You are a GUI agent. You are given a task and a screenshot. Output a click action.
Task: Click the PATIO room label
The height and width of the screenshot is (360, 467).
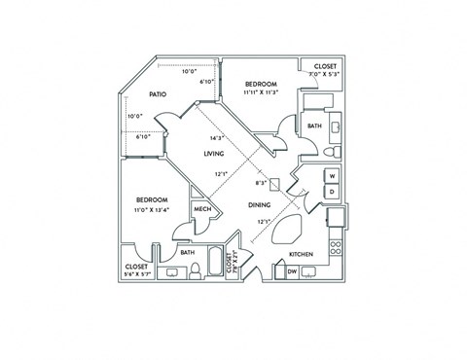(x=157, y=94)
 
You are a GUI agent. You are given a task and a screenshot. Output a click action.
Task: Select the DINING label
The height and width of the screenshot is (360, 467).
(x=259, y=205)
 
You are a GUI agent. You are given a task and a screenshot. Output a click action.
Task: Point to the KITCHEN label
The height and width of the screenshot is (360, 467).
(x=300, y=256)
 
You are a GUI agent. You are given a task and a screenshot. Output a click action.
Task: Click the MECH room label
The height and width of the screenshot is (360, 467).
(x=202, y=210)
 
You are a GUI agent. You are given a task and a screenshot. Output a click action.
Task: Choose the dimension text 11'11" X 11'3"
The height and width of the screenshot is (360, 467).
(x=261, y=93)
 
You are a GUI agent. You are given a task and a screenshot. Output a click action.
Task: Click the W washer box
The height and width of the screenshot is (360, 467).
(x=332, y=176)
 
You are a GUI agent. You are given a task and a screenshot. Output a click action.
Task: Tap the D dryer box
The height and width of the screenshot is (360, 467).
(x=332, y=192)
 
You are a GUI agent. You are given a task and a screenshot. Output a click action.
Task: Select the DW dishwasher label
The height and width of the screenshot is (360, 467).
(x=292, y=271)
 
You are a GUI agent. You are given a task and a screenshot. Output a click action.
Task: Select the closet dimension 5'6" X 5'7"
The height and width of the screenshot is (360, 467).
(x=136, y=273)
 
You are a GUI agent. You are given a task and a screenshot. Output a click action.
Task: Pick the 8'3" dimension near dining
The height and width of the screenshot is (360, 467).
(x=260, y=182)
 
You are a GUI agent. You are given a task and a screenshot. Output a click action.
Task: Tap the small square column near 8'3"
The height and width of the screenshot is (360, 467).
(x=275, y=182)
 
